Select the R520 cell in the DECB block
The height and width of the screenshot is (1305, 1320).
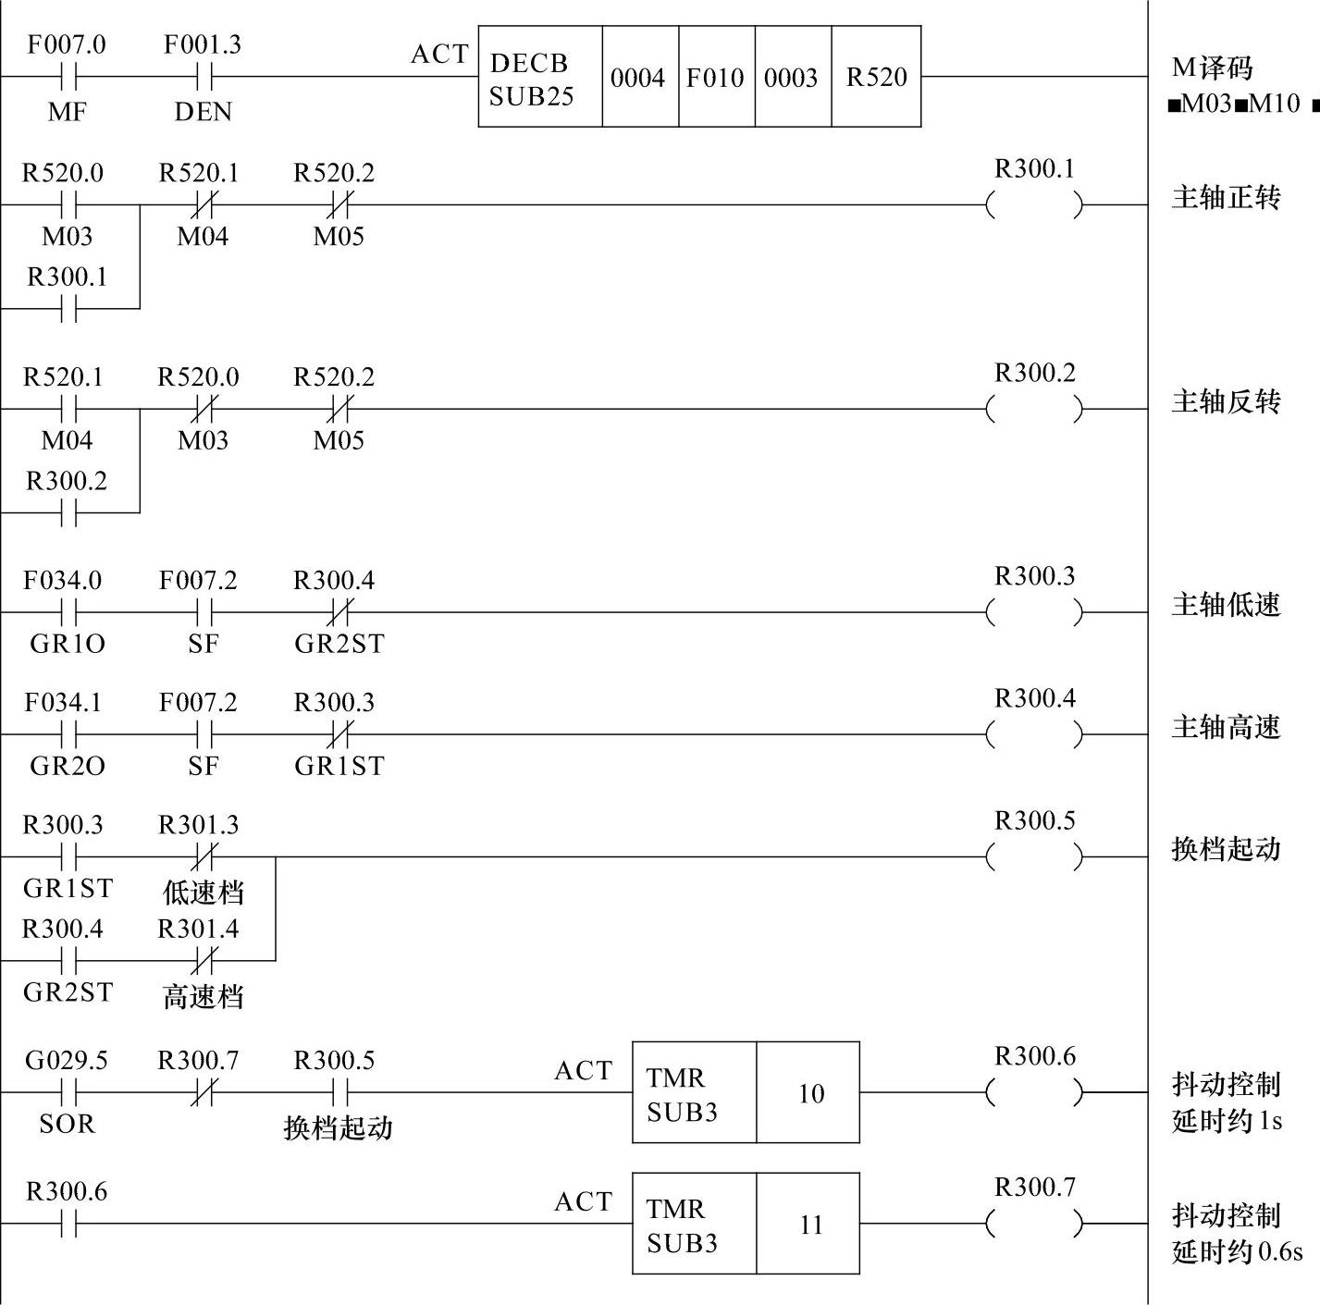pyautogui.click(x=876, y=77)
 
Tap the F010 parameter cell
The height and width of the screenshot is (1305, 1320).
pyautogui.click(x=716, y=77)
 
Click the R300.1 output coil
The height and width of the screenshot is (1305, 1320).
pyautogui.click(x=1034, y=204)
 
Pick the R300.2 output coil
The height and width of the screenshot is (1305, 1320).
pyautogui.click(x=1034, y=408)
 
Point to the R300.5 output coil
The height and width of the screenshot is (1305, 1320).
pyautogui.click(x=1034, y=856)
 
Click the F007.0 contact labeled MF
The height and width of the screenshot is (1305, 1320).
pyautogui.click(x=68, y=77)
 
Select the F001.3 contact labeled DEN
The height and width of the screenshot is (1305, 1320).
pyautogui.click(x=204, y=77)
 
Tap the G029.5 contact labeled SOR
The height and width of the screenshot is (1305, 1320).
pyautogui.click(x=68, y=1093)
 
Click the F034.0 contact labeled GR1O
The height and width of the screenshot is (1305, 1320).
pyautogui.click(x=68, y=612)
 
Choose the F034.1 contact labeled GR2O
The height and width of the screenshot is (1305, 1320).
pyautogui.click(x=68, y=734)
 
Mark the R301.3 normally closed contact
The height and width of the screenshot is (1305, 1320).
pyautogui.click(x=203, y=856)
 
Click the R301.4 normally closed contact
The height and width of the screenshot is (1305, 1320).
pyautogui.click(x=203, y=961)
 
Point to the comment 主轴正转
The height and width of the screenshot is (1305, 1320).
pyautogui.click(x=1226, y=198)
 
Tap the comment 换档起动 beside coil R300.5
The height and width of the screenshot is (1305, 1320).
pyautogui.click(x=1226, y=849)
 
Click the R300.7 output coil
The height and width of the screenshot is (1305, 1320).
pyautogui.click(x=1034, y=1224)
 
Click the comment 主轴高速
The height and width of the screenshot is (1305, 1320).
pyautogui.click(x=1226, y=727)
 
